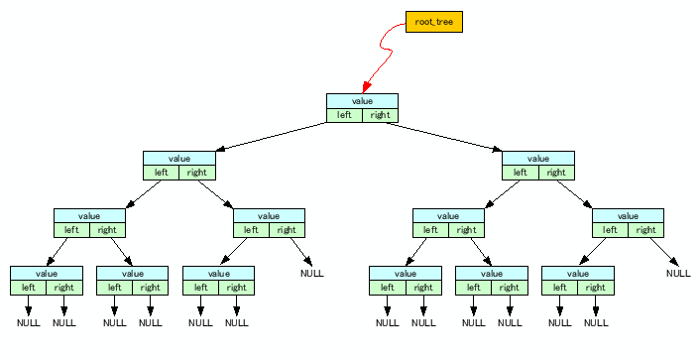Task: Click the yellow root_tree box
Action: pos(434,21)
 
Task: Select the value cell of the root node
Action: pos(362,101)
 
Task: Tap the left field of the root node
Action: pos(344,115)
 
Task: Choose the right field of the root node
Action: pos(380,115)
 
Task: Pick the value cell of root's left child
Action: pos(178,158)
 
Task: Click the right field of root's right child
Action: pos(555,173)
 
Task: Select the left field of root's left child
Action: pos(161,173)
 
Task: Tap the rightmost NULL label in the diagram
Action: pos(678,273)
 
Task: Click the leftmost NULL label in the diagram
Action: pos(28,322)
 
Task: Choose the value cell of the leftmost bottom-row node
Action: pos(46,274)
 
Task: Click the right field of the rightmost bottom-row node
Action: pos(595,288)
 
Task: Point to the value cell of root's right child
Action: pos(537,158)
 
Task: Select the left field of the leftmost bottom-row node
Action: pos(28,288)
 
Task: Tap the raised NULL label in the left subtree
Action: pos(313,273)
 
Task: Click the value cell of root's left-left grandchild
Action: pos(89,215)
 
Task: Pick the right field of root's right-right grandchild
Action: pos(645,230)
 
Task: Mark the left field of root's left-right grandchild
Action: pos(251,230)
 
